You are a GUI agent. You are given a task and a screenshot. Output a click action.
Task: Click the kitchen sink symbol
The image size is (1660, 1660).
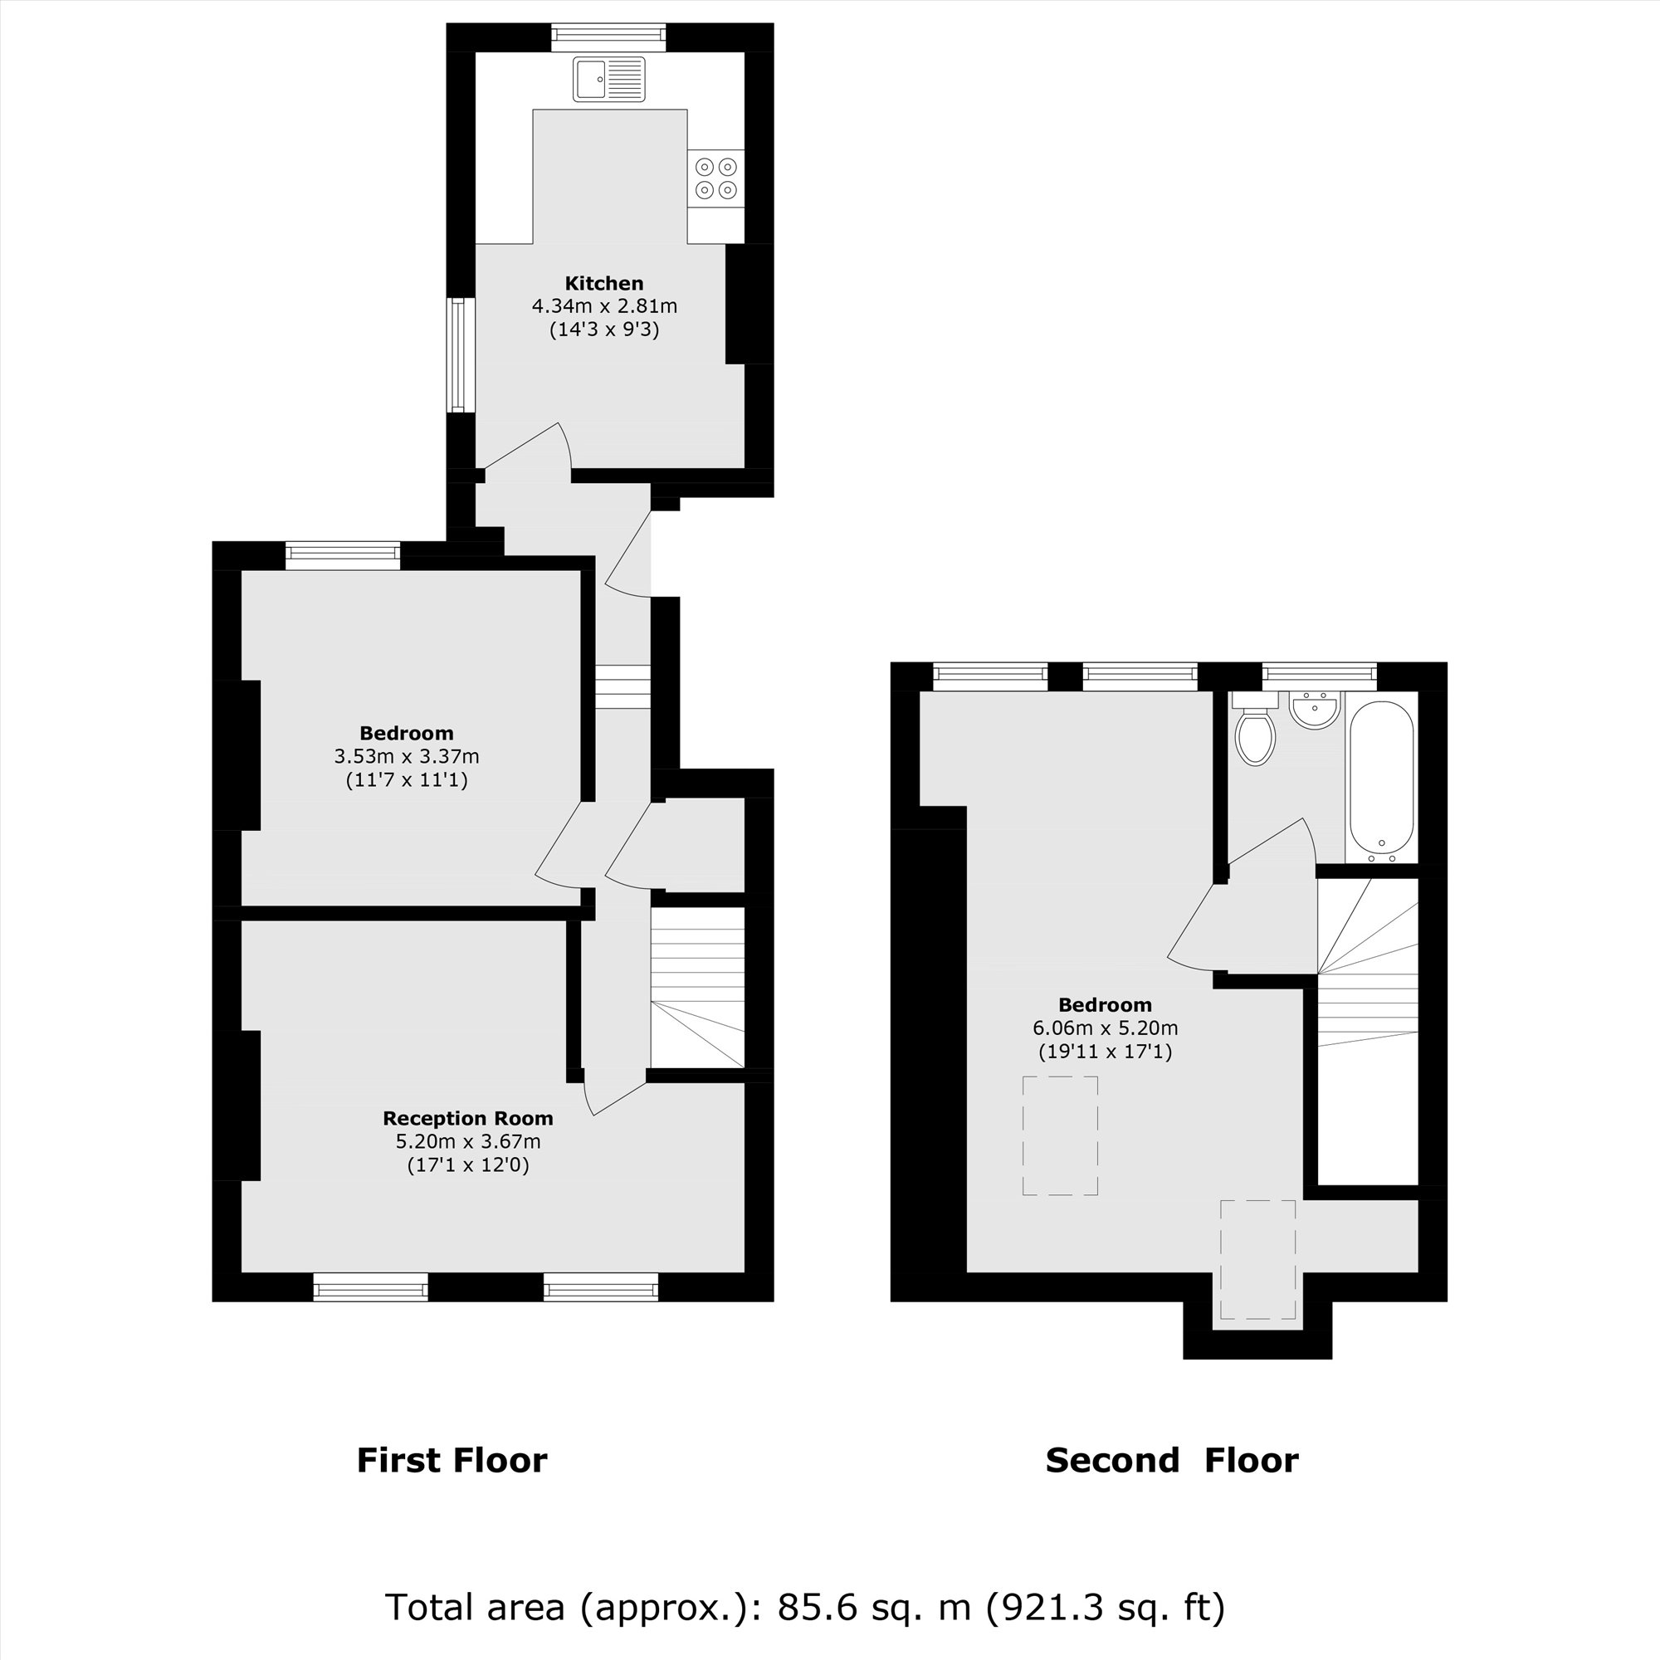click(x=608, y=79)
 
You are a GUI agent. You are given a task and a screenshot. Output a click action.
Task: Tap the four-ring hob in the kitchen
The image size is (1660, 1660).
click(x=715, y=178)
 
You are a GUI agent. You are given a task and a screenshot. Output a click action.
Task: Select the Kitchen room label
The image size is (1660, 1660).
click(x=604, y=284)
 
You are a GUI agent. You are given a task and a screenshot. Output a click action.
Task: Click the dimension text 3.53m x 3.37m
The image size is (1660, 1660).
click(x=407, y=757)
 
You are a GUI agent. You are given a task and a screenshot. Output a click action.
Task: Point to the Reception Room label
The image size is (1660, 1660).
click(x=467, y=1118)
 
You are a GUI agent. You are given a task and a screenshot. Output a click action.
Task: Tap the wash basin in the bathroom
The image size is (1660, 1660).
click(x=1314, y=710)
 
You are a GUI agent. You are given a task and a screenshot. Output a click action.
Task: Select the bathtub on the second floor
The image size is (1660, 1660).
click(x=1382, y=780)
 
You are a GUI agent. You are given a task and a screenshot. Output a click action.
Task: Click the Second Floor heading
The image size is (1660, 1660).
click(x=1171, y=1461)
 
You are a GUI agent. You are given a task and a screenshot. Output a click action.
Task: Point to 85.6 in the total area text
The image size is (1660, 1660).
click(x=817, y=1606)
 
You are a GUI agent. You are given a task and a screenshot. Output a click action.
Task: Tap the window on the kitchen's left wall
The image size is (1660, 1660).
click(x=461, y=355)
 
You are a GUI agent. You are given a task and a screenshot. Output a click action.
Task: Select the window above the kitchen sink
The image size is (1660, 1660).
click(x=608, y=36)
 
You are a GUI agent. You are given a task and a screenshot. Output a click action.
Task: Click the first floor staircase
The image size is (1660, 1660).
click(x=697, y=988)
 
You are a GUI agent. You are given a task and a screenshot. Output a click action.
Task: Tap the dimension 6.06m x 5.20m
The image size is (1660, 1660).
click(x=1105, y=1028)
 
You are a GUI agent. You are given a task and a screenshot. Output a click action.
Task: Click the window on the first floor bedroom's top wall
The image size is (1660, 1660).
click(x=343, y=554)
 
